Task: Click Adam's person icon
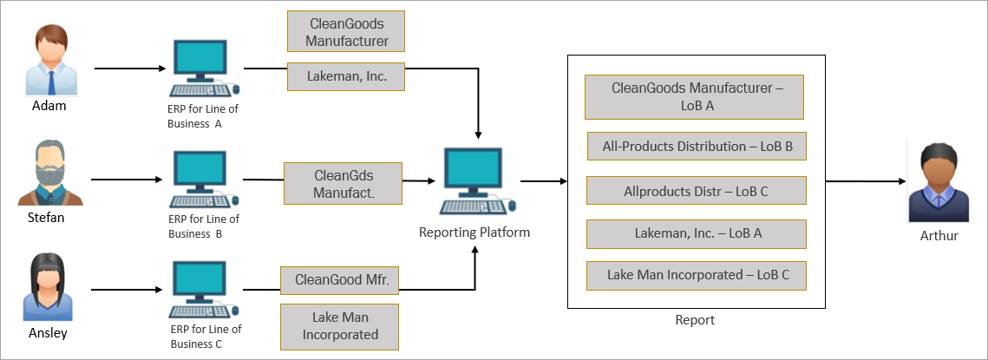(50, 61)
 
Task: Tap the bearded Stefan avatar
(50, 173)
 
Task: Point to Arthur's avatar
(938, 183)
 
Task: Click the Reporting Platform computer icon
(474, 180)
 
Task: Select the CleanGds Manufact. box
(344, 183)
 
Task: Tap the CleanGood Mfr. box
(339, 280)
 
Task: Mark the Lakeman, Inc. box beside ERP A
(346, 76)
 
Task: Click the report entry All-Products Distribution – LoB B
(697, 147)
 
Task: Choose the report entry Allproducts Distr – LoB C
(697, 190)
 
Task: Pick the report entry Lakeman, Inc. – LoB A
(697, 232)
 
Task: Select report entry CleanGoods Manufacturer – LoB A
(694, 96)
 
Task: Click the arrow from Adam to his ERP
(130, 68)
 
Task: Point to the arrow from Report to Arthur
(862, 182)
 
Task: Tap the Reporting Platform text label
(474, 232)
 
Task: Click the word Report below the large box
(695, 320)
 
